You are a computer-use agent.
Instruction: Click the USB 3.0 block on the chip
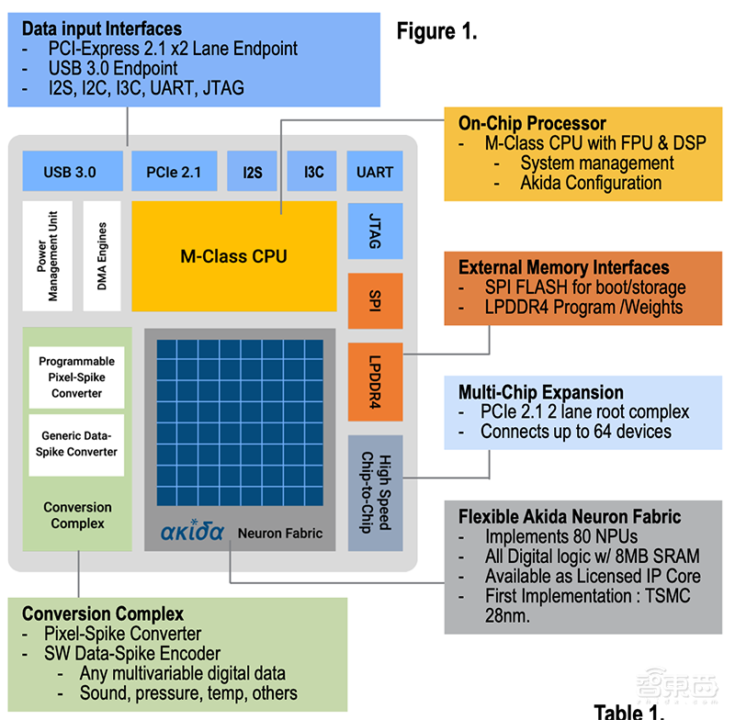point(70,172)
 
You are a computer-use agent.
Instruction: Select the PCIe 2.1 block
point(174,172)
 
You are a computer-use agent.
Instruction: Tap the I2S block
point(252,172)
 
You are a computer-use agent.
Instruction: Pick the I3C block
point(313,172)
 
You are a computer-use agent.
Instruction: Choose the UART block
point(375,172)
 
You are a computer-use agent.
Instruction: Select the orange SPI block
point(375,301)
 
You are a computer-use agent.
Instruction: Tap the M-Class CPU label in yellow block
point(233,256)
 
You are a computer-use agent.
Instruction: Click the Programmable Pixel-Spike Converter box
point(76,377)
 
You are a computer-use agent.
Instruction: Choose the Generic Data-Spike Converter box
point(76,444)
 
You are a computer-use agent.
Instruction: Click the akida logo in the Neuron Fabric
point(192,532)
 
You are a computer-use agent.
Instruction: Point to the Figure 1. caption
point(436,31)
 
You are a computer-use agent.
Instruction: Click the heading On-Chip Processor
point(532,123)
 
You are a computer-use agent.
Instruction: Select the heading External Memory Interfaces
point(563,267)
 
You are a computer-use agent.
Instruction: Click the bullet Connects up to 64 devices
point(575,431)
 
